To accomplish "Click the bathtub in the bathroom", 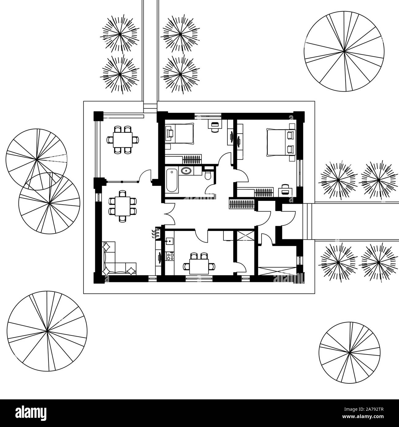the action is pyautogui.click(x=172, y=181).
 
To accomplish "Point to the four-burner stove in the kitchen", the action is pyautogui.click(x=170, y=256).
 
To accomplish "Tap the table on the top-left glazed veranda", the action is pyautogui.click(x=123, y=140).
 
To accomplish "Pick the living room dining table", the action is pyautogui.click(x=122, y=206).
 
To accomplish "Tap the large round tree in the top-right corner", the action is pyautogui.click(x=344, y=51).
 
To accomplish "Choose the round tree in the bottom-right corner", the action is pyautogui.click(x=349, y=353).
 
